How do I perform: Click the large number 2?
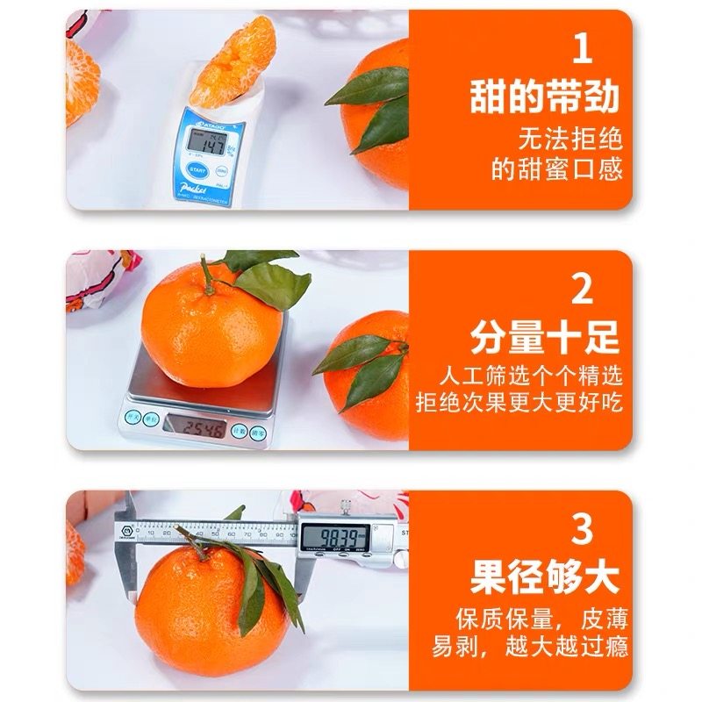(x=582, y=290)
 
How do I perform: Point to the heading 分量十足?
(x=544, y=337)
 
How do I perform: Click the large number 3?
(x=582, y=530)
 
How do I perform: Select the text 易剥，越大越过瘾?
(x=526, y=648)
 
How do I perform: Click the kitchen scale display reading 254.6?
(x=194, y=428)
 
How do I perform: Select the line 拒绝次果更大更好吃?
(x=519, y=405)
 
